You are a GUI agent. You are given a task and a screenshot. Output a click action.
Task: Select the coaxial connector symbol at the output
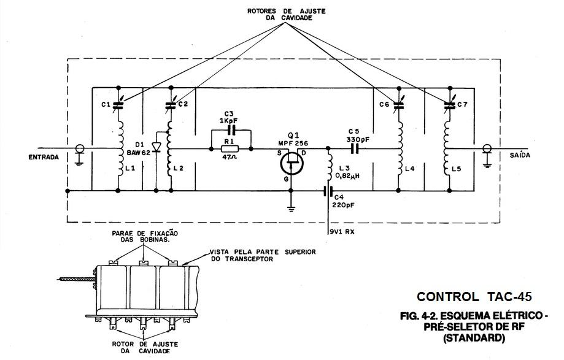pyautogui.click(x=487, y=149)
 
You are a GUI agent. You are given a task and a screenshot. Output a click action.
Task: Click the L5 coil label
pyautogui.click(x=455, y=168)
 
